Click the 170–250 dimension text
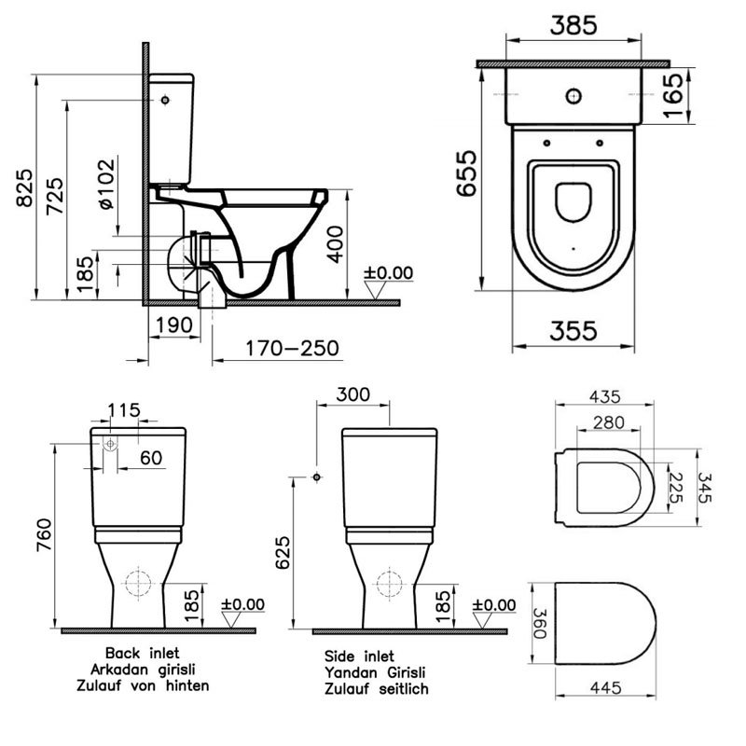click(x=292, y=349)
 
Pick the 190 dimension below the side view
click(x=174, y=325)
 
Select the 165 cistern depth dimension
click(x=713, y=93)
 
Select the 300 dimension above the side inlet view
click(x=352, y=394)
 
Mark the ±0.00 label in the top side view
click(x=387, y=272)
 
